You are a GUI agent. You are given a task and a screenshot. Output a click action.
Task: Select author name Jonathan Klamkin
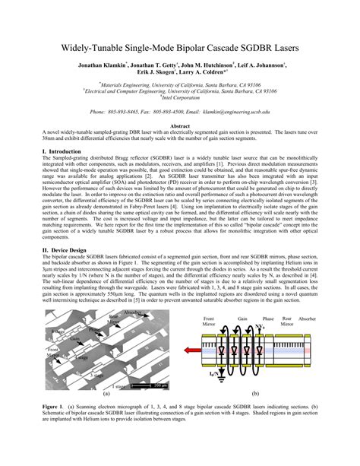(102, 67)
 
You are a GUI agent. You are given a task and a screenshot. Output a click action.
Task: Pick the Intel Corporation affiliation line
(180, 99)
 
